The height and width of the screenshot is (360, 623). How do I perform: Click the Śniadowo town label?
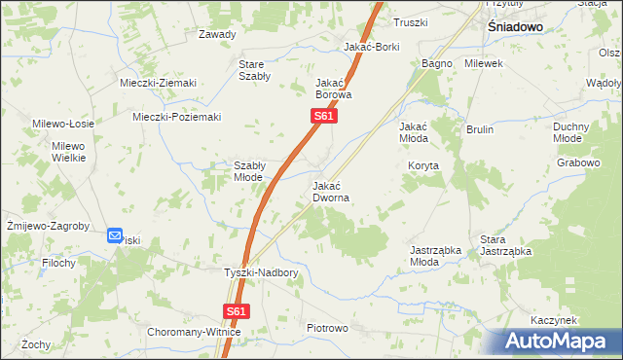click(x=514, y=29)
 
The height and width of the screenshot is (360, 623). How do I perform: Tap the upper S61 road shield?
click(x=324, y=117)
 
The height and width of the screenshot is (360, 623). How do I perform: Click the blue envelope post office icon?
click(x=115, y=234)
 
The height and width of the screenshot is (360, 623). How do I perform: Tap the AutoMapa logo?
click(x=559, y=342)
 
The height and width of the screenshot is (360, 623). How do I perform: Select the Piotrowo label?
click(x=327, y=329)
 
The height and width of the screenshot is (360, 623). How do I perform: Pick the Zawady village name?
click(x=217, y=34)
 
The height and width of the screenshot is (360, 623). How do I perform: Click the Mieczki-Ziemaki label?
click(x=159, y=83)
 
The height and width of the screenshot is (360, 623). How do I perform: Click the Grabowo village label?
click(x=578, y=162)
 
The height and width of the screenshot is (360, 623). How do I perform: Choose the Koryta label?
click(x=424, y=166)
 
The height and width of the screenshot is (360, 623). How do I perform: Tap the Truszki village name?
click(x=410, y=22)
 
